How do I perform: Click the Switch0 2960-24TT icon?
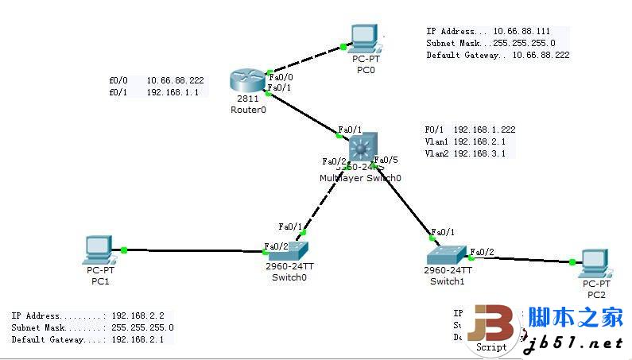tap(287, 248)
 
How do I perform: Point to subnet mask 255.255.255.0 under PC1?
tap(142, 327)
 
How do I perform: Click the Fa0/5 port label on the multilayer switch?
tap(386, 160)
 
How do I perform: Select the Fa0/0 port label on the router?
tap(281, 77)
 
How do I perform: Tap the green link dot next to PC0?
tap(343, 46)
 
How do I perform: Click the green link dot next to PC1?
tap(124, 250)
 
